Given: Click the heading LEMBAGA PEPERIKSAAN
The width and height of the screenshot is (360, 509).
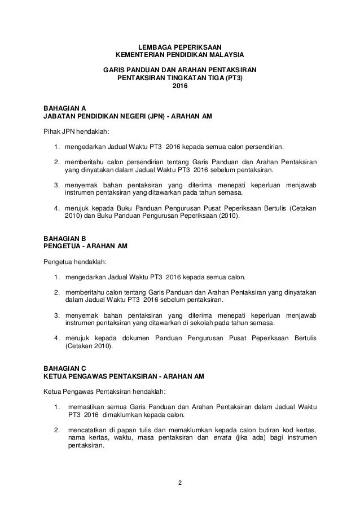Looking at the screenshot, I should (x=180, y=46).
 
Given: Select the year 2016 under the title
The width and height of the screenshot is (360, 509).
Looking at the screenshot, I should (x=180, y=86).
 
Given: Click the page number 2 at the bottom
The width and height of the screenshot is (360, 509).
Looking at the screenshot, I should (x=180, y=482).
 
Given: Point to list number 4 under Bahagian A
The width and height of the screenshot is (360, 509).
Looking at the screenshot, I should (x=56, y=208).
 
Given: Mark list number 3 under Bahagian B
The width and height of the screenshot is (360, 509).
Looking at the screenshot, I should (x=56, y=315).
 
